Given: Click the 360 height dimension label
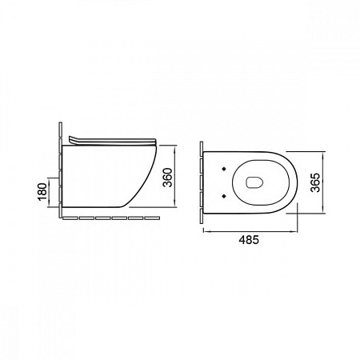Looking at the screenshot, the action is coord(168,178).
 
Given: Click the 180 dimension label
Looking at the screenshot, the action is coord(42,192).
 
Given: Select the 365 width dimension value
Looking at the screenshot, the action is coord(315,182).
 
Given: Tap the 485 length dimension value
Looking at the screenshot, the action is coord(249,240).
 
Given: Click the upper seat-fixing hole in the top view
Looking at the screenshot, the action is coord(224,168).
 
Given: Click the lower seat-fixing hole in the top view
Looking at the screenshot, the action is coord(224,196).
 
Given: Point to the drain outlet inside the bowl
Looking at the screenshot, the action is coord(254,182).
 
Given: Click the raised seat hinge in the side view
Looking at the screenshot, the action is coord(73,140).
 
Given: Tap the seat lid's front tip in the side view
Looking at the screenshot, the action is coord(155,142).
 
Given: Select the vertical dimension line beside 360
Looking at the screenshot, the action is coord(174,176).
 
